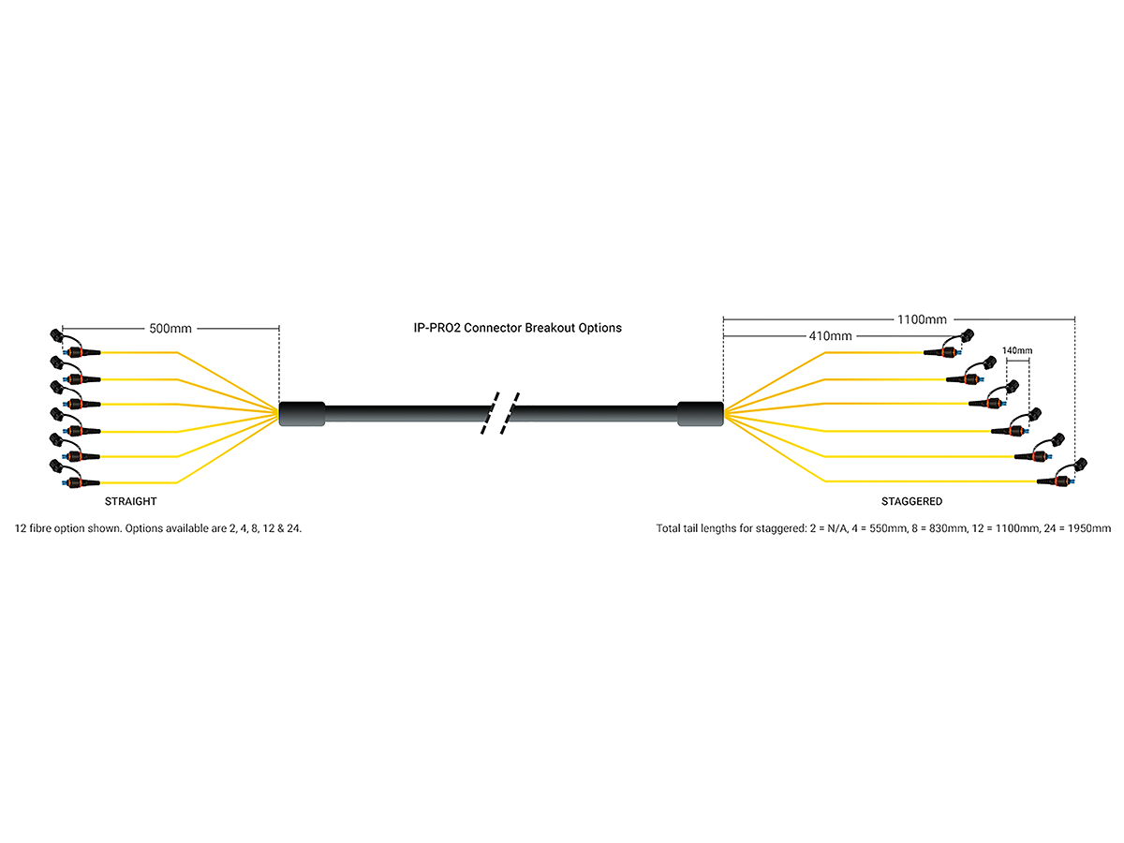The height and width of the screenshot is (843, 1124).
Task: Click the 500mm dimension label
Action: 170,329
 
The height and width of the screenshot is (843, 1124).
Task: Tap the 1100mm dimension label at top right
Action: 923,319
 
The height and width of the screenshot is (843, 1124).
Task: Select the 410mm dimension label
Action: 830,335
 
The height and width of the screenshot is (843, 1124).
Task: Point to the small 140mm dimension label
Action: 1017,350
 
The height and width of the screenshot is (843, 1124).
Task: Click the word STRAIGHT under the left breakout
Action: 130,502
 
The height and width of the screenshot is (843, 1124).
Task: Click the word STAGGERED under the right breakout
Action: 911,502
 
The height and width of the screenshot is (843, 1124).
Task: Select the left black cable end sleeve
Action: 302,414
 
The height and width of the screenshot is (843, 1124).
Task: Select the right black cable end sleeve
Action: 700,414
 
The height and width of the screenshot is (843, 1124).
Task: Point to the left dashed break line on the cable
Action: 490,414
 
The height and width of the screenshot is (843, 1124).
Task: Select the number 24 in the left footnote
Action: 295,529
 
